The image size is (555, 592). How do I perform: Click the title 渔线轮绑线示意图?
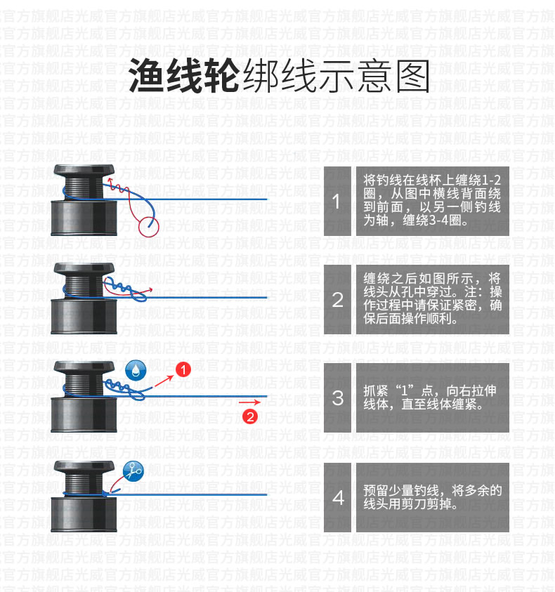(279, 77)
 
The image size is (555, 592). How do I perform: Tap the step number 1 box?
(337, 202)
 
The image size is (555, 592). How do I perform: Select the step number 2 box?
(337, 299)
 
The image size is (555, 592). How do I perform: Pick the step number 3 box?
(337, 397)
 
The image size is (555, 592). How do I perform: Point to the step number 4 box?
(337, 498)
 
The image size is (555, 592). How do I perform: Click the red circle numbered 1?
(183, 369)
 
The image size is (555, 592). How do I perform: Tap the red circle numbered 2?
(250, 417)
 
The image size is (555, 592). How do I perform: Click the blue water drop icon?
(136, 369)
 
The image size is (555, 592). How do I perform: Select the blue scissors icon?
(133, 471)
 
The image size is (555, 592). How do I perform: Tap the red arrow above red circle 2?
(249, 402)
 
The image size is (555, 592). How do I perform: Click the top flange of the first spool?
(84, 170)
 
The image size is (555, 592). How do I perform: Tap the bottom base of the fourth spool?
(84, 514)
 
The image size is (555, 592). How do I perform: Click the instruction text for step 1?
(432, 200)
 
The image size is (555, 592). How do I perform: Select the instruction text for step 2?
(433, 298)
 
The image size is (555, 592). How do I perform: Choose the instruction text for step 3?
(429, 397)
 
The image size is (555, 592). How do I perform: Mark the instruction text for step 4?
(433, 497)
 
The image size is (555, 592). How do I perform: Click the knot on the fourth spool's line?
(106, 494)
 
